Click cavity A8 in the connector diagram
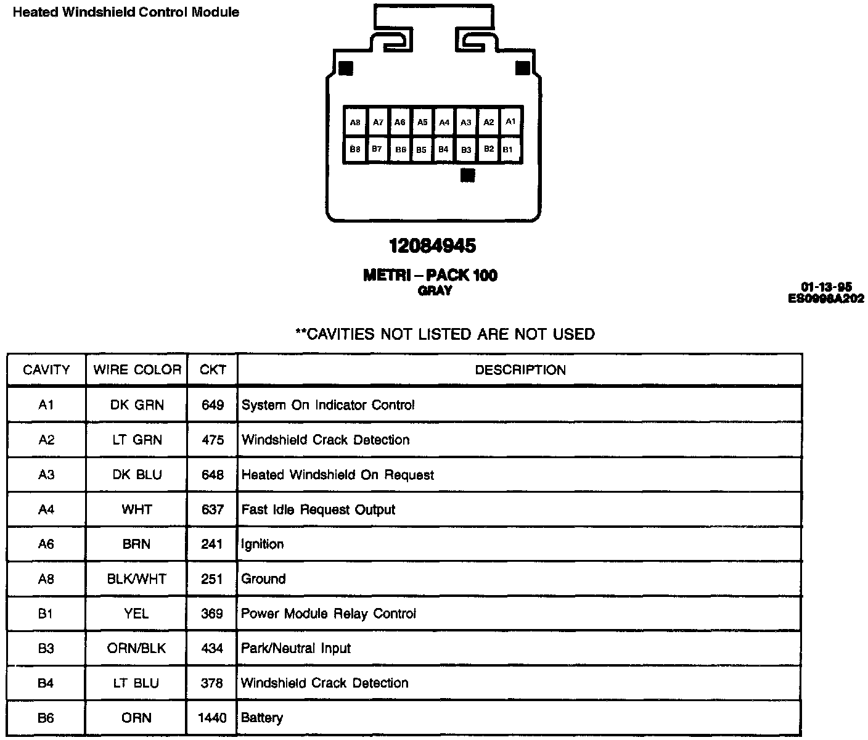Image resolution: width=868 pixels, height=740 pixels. pos(355,123)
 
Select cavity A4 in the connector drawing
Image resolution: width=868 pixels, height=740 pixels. pos(444,123)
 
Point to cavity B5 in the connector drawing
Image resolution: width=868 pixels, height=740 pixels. pos(422,150)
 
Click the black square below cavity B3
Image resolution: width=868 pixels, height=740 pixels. pos(468,176)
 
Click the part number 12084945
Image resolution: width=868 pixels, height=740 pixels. pos(433,246)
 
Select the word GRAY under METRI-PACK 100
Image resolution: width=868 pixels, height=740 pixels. pos(435,291)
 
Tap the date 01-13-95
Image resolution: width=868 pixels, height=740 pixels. pos(826,287)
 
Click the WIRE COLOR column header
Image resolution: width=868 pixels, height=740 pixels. pos(137,370)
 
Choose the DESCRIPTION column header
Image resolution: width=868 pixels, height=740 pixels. pos(520,370)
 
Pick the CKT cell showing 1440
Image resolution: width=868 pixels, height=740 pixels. pos(212,718)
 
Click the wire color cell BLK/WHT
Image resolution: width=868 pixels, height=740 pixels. pos(137,579)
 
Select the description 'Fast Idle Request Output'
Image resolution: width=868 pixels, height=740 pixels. pos(318,510)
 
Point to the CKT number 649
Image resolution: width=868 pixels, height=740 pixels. pos(212,405)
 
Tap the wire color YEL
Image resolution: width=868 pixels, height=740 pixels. pos(137,614)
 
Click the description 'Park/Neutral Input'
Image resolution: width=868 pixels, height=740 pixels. pos(296,649)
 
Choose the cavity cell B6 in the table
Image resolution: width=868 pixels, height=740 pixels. pos(46,718)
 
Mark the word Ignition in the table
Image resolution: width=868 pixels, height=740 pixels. pos(263,545)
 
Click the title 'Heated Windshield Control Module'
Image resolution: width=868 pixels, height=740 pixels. pos(126,12)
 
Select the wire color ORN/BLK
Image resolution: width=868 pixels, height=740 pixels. pos(137,649)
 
